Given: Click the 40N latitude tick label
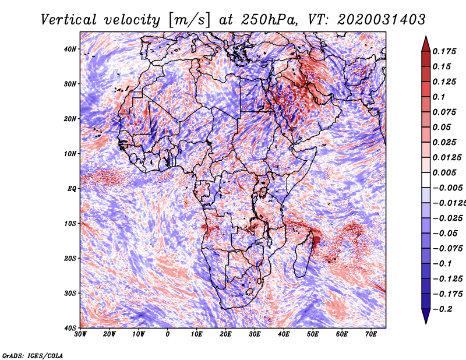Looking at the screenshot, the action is click(70, 49).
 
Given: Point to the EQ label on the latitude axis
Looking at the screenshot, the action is click(72, 189).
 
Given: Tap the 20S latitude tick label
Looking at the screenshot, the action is click(70, 258).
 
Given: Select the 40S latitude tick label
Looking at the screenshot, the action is click(70, 328).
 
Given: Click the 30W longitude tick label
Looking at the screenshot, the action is click(80, 334).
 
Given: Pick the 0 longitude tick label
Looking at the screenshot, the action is click(168, 334).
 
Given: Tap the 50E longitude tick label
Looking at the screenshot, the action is click(313, 334).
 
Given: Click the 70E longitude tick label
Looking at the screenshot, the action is click(371, 334).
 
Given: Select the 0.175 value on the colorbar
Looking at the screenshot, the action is click(444, 51).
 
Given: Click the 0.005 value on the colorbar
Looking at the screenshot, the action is click(444, 172).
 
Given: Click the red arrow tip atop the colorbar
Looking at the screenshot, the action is click(426, 37).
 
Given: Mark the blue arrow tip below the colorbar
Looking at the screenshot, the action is click(426, 323).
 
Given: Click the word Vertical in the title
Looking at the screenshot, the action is click(69, 20).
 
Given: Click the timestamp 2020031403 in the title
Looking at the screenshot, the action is click(382, 20).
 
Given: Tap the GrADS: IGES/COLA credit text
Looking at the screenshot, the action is click(33, 355).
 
